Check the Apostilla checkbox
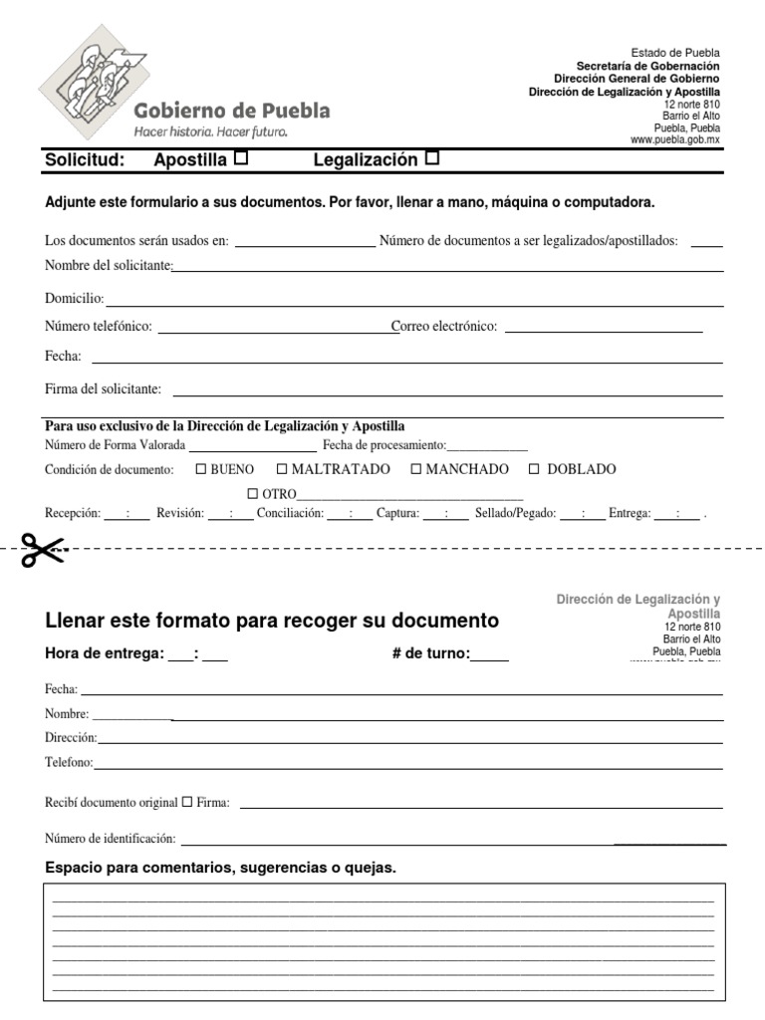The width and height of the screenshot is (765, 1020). point(240,157)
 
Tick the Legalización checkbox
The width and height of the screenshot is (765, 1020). point(431,157)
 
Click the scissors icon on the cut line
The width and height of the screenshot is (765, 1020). point(42,550)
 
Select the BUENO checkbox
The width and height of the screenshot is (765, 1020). point(200,469)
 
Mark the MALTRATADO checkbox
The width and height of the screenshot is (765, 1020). point(282,469)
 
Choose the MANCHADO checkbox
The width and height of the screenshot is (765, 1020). point(416,469)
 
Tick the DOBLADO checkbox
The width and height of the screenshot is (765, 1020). point(534,469)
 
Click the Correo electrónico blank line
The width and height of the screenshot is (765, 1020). point(603,330)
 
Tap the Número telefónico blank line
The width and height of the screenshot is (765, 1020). point(274,330)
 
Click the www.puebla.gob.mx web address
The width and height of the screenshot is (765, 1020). point(674,140)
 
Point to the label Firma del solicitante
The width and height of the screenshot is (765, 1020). point(103,388)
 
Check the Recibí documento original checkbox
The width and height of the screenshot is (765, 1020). point(187,802)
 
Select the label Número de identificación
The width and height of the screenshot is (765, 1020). point(110,840)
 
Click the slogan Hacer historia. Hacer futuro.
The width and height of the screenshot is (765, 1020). point(210,130)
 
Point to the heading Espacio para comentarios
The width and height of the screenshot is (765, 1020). point(220,868)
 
